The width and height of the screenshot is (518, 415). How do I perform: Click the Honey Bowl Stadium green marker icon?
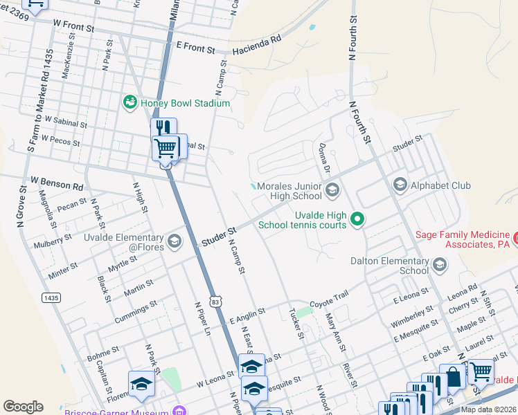coord(129,103)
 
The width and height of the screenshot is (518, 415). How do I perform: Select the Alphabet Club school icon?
coord(400,185)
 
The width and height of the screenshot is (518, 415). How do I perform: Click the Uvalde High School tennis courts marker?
coord(357,220)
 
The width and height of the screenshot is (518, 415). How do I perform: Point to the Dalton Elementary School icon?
coord(439,264)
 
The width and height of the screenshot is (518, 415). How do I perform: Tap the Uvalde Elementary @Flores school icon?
coord(174,240)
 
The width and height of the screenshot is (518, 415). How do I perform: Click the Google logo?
coord(23,407)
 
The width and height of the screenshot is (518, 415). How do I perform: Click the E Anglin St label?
coord(247,316)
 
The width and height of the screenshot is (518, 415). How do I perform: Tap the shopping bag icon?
coord(453,377)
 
